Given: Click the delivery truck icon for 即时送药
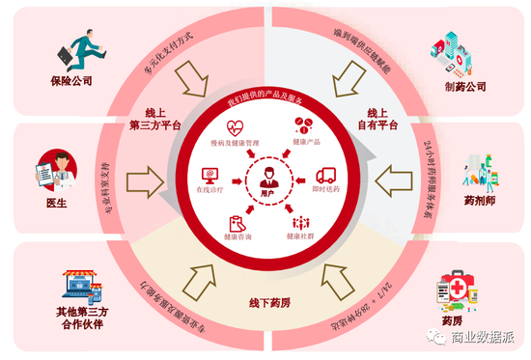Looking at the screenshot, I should [x=325, y=177].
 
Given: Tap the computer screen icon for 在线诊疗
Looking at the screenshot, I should [x=208, y=176].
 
